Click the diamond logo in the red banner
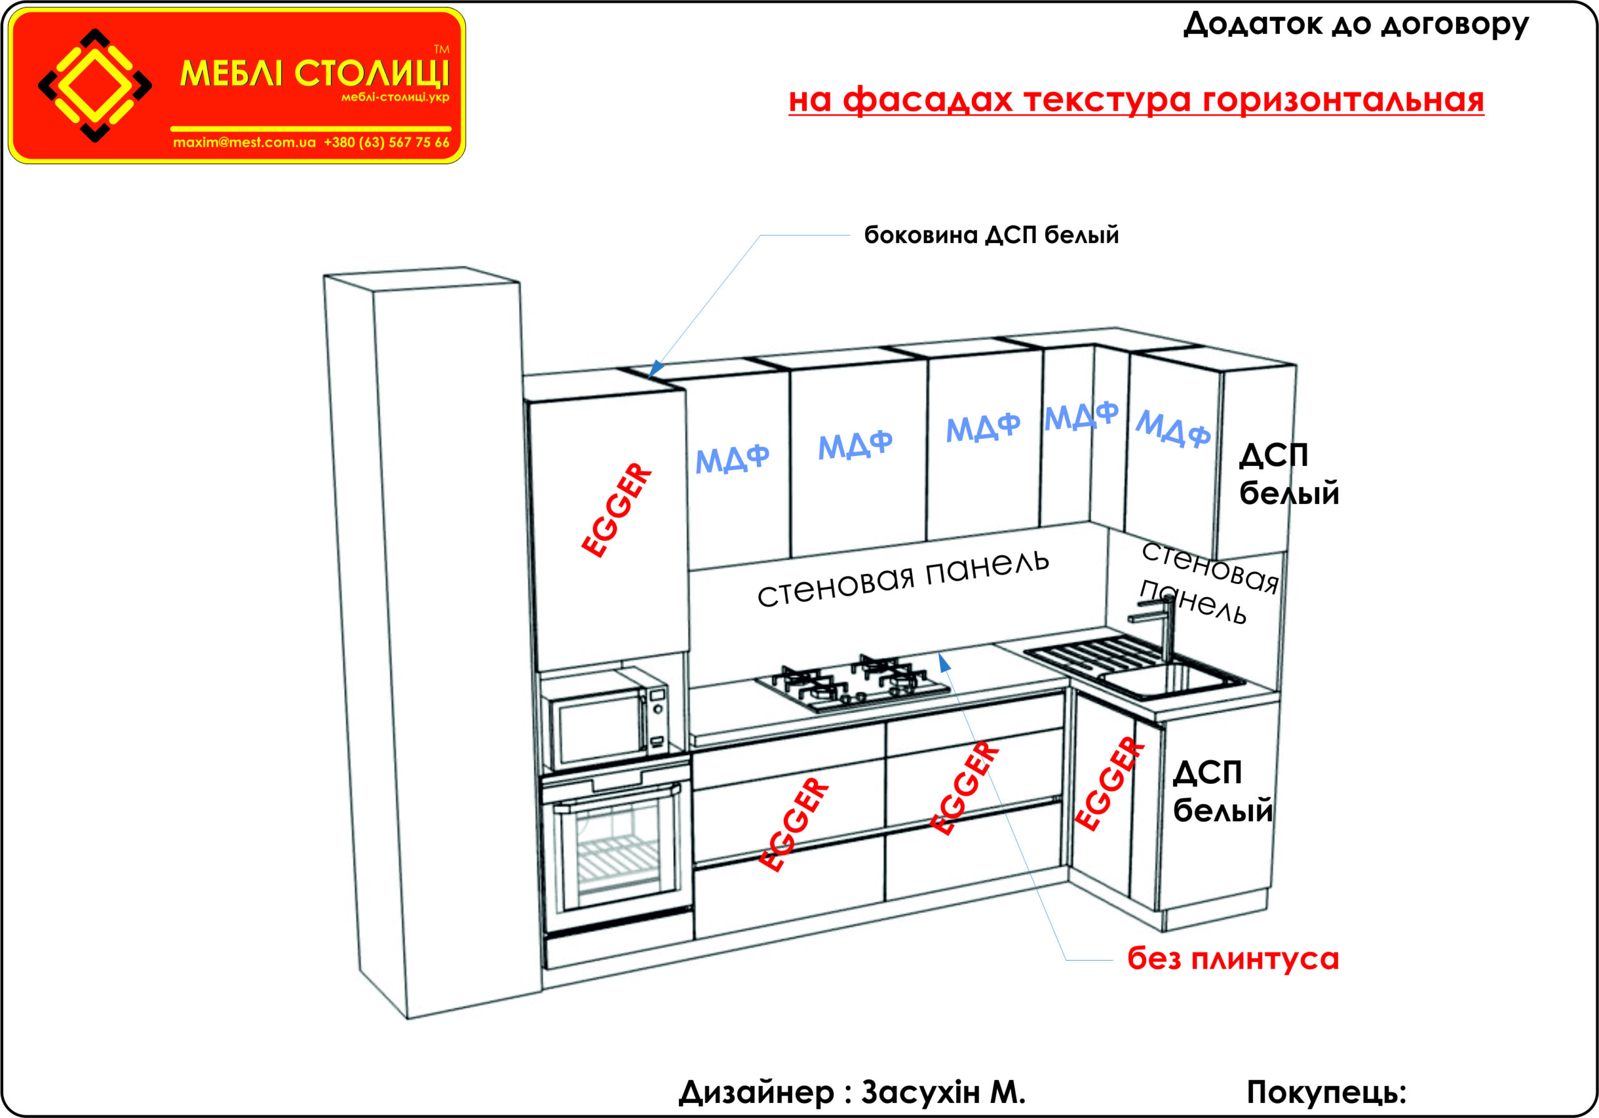pos(95,86)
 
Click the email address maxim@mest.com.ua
pos(244,143)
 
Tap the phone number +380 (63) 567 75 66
pos(387,143)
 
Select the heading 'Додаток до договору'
pos(1355,25)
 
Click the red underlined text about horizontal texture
pos(1136,99)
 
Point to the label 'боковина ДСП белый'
pos(991,235)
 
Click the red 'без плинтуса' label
pos(1233,959)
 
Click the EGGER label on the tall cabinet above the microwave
pos(616,510)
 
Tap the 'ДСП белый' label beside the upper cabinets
pos(1289,473)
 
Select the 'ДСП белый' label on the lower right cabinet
pos(1222,792)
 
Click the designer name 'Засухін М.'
pos(943,1092)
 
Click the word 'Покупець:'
pos(1326,1092)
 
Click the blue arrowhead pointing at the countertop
pos(944,663)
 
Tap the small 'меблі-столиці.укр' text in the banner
pos(395,97)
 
